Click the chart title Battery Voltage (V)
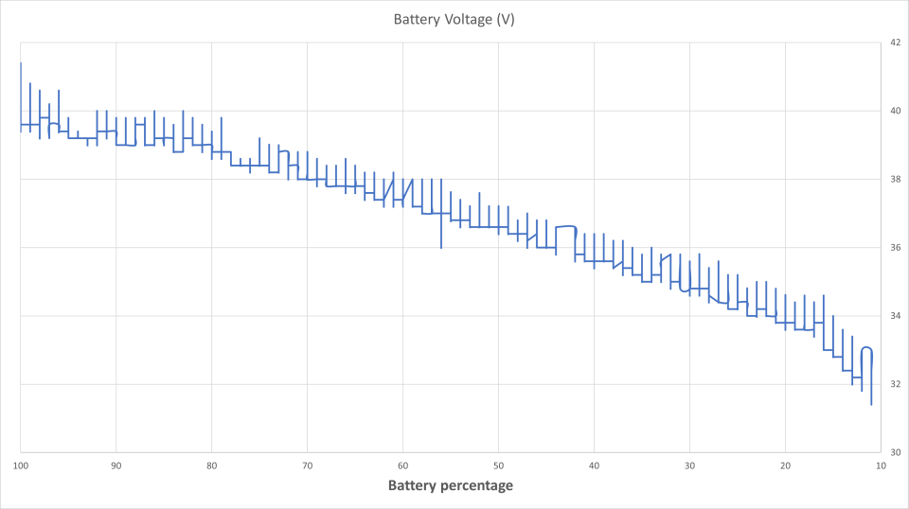click(454, 20)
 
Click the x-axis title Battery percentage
click(450, 485)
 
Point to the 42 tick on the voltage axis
click(894, 43)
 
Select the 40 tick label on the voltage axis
click(894, 111)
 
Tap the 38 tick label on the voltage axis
click(894, 179)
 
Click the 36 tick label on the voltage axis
click(894, 248)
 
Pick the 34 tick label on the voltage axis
click(894, 316)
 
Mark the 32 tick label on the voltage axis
click(894, 384)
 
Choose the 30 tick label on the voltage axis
click(894, 452)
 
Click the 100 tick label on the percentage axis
click(21, 465)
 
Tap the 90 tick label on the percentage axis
click(116, 465)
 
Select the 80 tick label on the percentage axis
click(211, 465)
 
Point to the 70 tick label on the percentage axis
click(307, 465)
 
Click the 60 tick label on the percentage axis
click(402, 465)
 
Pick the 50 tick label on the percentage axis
click(498, 465)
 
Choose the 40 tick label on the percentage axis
click(594, 465)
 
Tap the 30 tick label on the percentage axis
click(689, 465)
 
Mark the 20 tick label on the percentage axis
click(785, 465)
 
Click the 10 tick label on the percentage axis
click(881, 465)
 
